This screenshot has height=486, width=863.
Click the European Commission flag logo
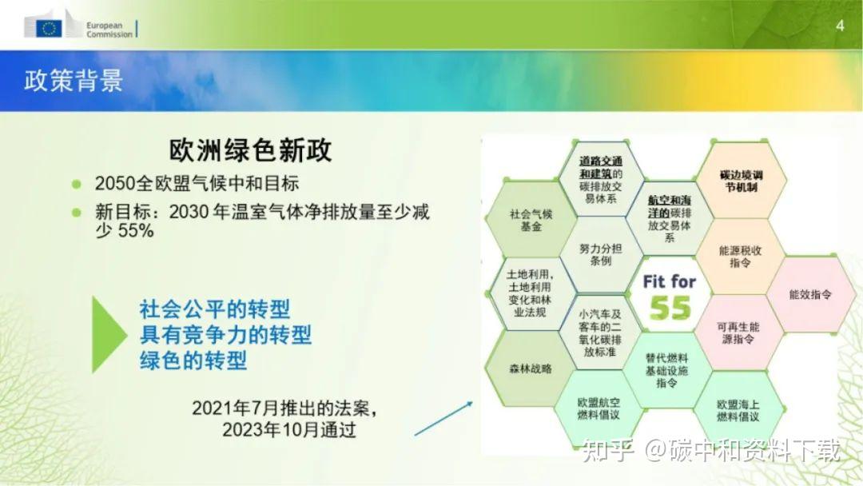[x=50, y=28]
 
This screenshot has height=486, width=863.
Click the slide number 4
[x=840, y=26]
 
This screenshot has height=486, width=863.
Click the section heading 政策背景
[x=74, y=81]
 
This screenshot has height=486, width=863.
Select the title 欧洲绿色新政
[x=250, y=150]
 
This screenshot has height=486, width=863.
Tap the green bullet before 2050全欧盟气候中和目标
[x=77, y=183]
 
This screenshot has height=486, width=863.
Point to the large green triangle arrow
[x=108, y=334]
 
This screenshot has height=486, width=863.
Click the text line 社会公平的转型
[x=215, y=309]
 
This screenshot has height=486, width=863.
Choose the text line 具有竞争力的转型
[x=226, y=334]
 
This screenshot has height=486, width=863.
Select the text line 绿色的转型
[x=193, y=360]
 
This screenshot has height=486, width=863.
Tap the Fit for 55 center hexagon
[x=669, y=295]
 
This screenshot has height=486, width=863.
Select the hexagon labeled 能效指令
[x=809, y=294]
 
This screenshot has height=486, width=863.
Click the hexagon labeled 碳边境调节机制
[x=740, y=181]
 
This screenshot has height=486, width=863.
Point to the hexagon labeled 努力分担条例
[x=600, y=254]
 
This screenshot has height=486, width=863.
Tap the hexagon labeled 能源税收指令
[x=740, y=256]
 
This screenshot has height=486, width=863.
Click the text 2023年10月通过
[x=289, y=430]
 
